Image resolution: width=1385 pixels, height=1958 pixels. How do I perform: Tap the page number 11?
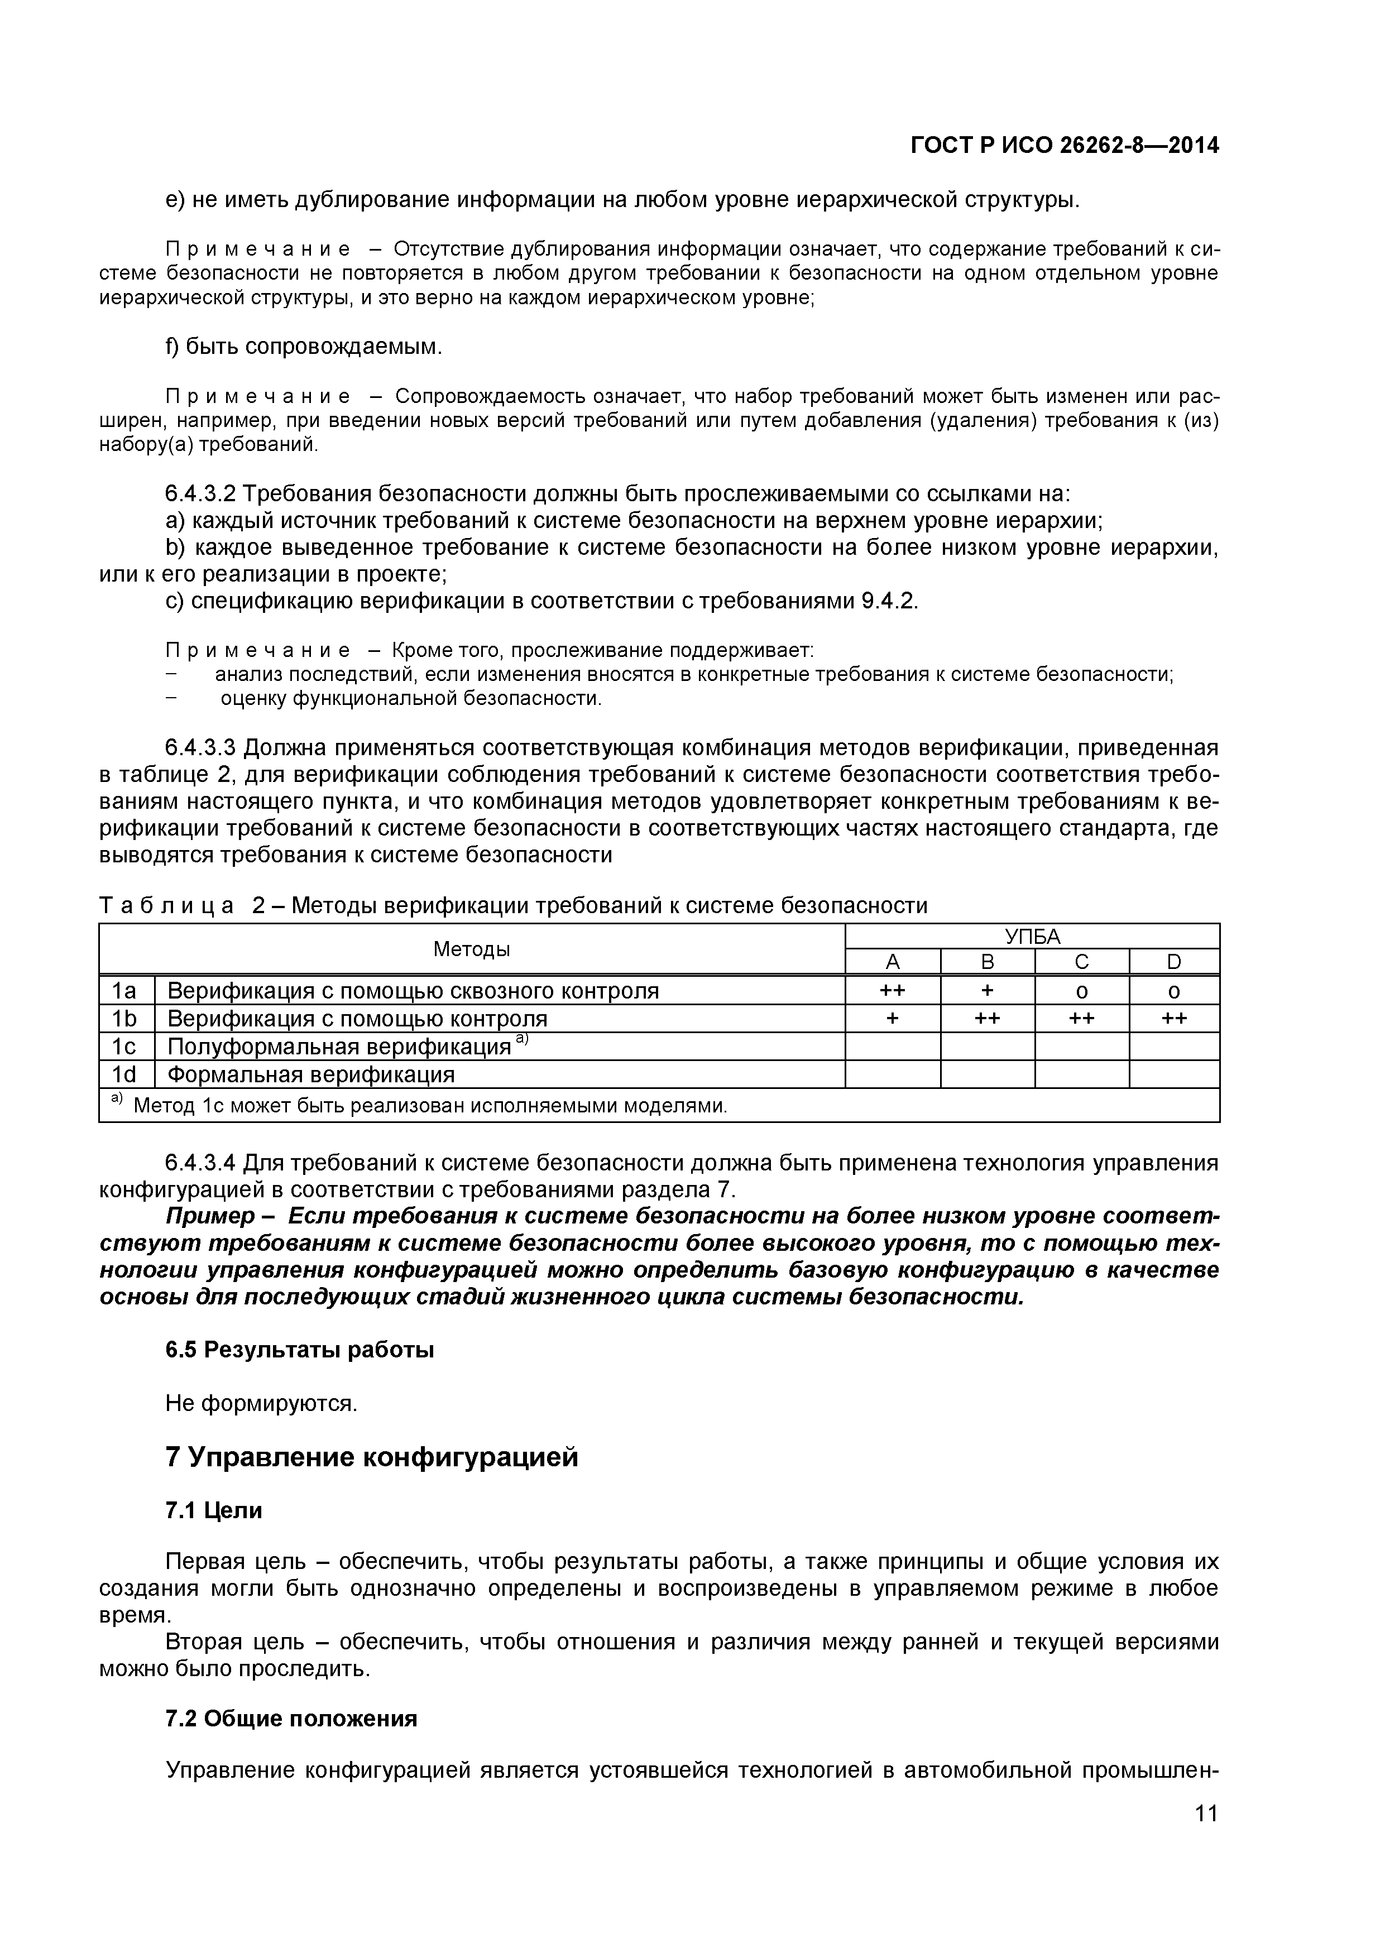tap(1206, 1836)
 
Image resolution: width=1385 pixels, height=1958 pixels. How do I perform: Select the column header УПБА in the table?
tap(1032, 937)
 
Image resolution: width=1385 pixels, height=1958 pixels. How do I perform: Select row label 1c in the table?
tap(124, 1047)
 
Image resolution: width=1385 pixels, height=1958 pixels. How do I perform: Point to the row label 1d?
tap(124, 1074)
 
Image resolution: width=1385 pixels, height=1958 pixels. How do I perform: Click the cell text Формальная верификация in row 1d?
tap(311, 1074)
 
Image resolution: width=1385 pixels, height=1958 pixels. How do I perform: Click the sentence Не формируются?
tap(261, 1403)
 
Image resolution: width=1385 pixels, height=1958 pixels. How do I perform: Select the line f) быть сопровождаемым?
tap(304, 346)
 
